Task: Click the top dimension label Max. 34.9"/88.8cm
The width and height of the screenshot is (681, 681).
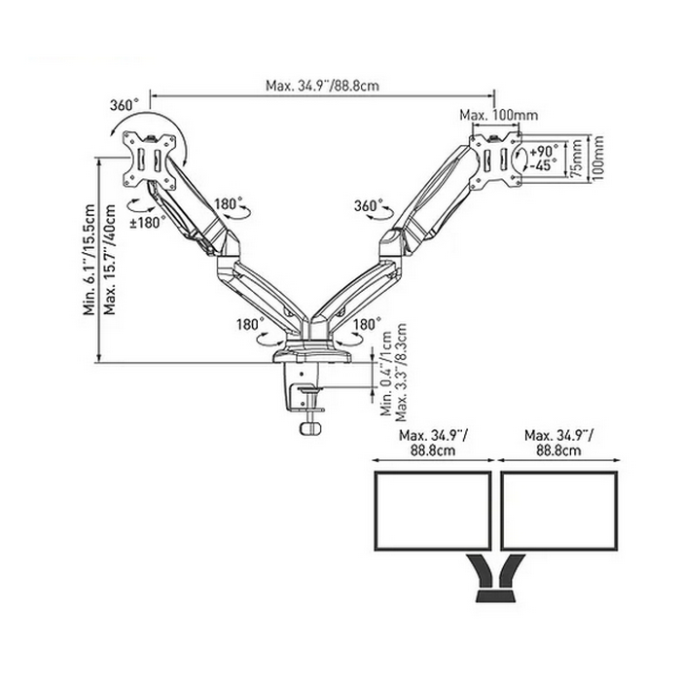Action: coord(321,86)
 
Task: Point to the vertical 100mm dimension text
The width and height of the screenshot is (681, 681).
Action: coord(597,157)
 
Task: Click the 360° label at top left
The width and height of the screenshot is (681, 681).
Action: coord(124,104)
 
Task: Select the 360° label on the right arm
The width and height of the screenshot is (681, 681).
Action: coord(369,206)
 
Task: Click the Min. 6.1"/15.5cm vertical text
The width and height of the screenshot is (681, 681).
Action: coord(90,262)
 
